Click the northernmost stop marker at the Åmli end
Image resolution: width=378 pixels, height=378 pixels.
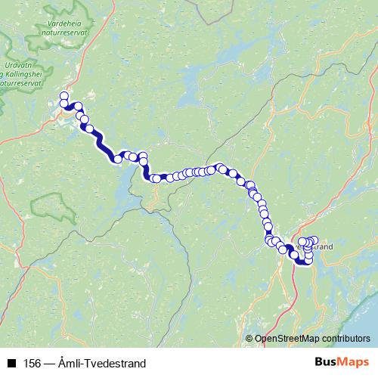coord(64,96)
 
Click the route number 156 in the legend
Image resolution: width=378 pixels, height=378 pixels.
coord(31,364)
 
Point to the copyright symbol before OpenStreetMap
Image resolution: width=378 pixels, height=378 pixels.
coord(249,339)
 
